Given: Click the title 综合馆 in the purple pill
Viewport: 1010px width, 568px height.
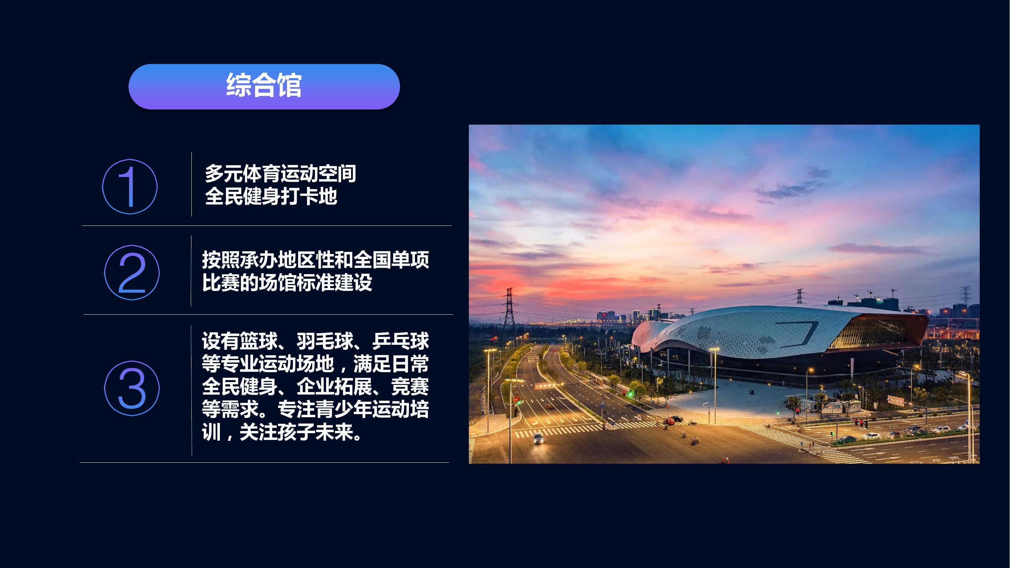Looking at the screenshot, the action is coord(264,85).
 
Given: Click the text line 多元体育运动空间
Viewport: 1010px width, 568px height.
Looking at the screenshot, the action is coord(280,173).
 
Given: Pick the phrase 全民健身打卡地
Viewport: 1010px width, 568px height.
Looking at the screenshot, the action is coord(271,196).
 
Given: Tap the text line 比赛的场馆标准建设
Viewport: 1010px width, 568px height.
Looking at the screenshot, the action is coord(287,282).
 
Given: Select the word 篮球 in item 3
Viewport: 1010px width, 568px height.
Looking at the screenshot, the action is coord(259,341).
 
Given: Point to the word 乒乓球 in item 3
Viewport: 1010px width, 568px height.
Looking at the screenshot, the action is coord(401,341).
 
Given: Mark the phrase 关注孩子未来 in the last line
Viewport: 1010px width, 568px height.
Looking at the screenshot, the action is coord(296,432).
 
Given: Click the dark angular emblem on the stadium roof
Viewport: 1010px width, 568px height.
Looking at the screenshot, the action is coord(798,334).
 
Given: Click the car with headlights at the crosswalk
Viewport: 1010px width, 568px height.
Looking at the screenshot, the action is coord(538,439).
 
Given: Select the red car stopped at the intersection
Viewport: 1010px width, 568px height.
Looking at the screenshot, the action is coord(669,421).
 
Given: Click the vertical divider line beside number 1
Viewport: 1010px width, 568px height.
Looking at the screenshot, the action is coord(191,184).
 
